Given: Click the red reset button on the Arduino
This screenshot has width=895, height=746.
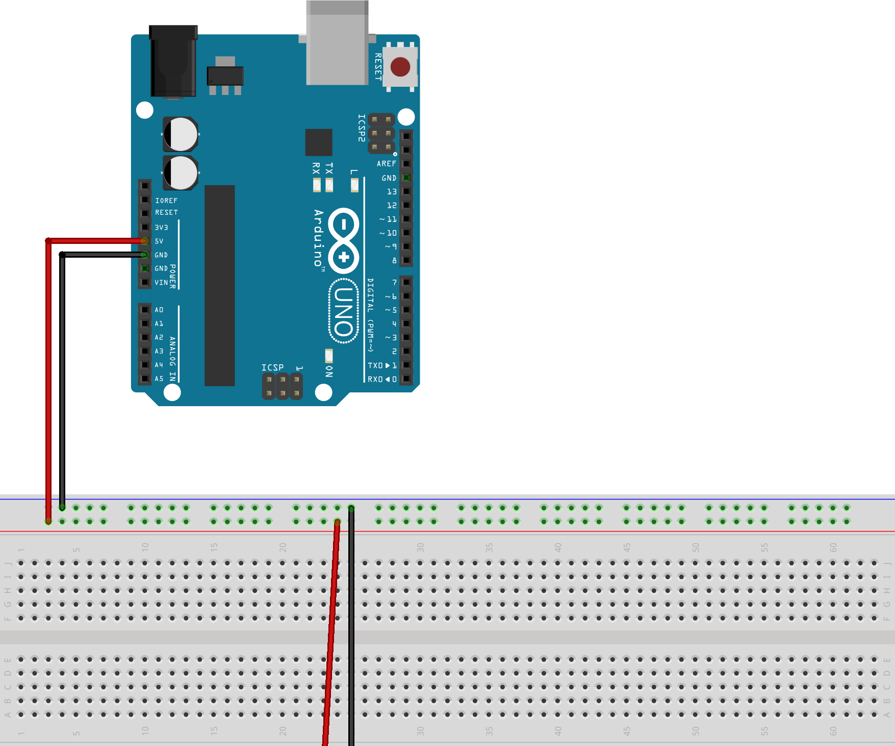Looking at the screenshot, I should [400, 67].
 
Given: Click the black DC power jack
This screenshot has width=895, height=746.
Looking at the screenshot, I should [173, 61].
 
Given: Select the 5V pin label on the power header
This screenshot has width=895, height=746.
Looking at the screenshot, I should [159, 241].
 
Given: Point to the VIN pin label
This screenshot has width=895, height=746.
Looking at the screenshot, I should [161, 282].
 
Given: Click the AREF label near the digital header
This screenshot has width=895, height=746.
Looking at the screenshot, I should [386, 164].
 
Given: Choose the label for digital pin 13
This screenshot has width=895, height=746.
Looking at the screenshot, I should [391, 192].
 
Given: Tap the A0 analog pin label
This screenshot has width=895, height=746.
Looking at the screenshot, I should [159, 310].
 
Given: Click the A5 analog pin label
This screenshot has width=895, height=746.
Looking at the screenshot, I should [159, 379].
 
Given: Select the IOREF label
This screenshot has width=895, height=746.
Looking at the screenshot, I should [166, 201].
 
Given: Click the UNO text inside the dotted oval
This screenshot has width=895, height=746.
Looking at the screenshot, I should [344, 311].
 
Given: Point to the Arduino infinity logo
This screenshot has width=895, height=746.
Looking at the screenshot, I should [344, 240].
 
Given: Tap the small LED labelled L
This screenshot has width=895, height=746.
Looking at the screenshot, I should [354, 185].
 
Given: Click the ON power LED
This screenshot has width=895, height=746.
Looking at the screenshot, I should [329, 355].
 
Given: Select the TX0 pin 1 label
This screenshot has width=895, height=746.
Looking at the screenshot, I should [382, 365].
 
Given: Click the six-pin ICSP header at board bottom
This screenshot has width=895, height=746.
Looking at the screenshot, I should [282, 386].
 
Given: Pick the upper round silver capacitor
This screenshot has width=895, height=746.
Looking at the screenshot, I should [181, 134].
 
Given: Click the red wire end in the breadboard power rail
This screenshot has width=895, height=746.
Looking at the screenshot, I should [48, 521].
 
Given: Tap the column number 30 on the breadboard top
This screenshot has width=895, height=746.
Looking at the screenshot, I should [420, 548].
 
